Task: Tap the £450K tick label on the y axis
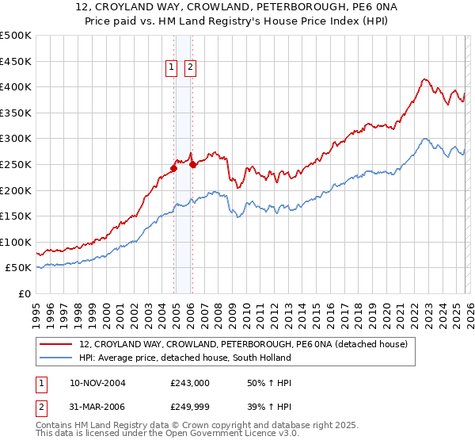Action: click(16, 61)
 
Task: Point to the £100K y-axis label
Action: click(16, 242)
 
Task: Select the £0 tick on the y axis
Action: click(25, 294)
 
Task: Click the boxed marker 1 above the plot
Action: click(172, 68)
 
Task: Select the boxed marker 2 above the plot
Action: click(191, 68)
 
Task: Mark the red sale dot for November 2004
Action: click(173, 168)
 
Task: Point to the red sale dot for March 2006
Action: click(192, 165)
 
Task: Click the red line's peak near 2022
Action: click(424, 79)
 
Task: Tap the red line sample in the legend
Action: click(57, 344)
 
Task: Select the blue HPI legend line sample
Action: click(57, 358)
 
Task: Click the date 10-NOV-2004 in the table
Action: click(97, 383)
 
